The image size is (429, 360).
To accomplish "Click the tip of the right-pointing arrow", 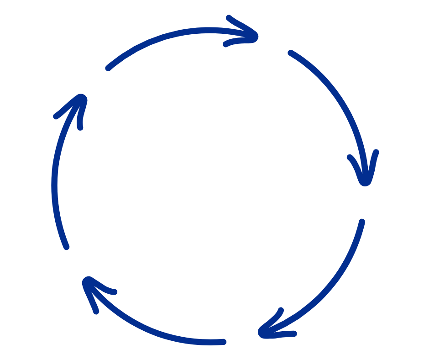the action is click(256, 37).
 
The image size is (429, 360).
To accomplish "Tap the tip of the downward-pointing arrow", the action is click(365, 182).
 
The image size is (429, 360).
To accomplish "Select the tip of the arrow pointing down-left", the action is click(262, 333).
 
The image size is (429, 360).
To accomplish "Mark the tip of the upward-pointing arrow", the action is click(83, 97).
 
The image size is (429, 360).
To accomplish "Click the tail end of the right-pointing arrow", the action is click(108, 69).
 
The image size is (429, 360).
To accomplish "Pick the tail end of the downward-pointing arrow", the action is click(290, 53).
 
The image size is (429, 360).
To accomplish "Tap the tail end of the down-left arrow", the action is click(362, 222).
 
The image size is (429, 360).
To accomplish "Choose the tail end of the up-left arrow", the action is click(223, 342).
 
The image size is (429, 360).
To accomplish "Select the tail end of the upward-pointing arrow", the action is click(67, 247).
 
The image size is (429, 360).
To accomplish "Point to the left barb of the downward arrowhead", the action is click(350, 157).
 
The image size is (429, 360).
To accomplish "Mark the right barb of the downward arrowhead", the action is click(377, 152).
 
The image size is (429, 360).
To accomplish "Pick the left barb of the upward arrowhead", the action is click(56, 117).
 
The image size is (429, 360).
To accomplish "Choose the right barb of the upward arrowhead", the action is click(80, 127).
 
